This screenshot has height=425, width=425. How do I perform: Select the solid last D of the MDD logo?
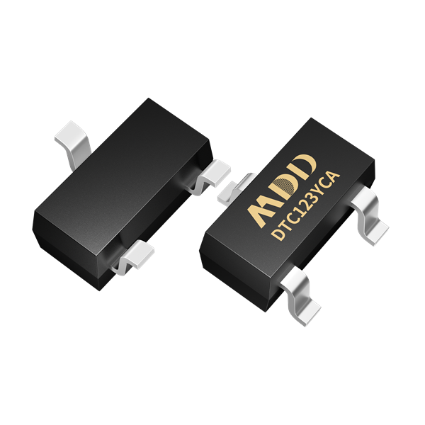(305, 166)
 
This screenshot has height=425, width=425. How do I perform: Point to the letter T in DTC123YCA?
(288, 223)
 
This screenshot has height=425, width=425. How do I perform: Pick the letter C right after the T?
(295, 215)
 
